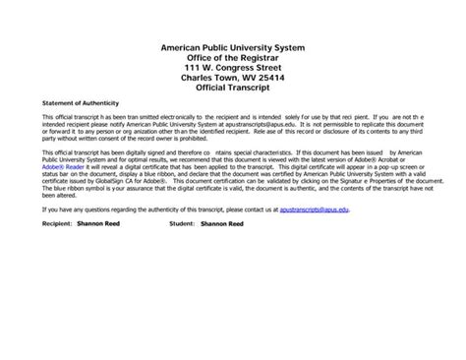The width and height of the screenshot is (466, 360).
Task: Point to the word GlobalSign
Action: click(x=124, y=182)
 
